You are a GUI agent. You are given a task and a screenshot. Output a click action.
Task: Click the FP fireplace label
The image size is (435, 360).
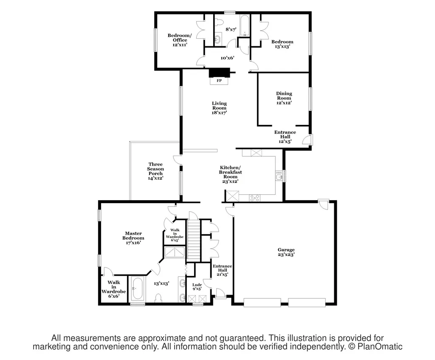219,81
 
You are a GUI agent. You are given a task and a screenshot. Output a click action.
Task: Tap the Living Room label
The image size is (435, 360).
220,108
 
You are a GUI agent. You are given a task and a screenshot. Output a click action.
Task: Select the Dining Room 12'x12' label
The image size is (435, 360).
284,98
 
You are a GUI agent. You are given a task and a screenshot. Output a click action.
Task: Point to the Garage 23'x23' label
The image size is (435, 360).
286,252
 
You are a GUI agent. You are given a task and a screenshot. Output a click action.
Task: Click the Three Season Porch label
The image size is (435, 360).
155,171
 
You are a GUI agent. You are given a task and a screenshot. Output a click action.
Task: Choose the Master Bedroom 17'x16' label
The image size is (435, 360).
133,238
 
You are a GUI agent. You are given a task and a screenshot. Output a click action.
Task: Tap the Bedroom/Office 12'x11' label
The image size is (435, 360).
180,40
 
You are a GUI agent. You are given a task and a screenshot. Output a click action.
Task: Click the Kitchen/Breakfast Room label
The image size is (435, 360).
230,174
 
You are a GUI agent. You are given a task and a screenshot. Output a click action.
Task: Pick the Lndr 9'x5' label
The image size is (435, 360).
197,287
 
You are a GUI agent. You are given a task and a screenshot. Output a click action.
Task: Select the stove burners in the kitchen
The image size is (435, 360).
255,198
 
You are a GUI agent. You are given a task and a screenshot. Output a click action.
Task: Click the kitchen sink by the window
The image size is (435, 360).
279,176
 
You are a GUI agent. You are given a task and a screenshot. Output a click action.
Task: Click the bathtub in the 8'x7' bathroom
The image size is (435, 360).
244,26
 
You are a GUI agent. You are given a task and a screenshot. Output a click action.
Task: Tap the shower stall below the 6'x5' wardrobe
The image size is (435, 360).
175,252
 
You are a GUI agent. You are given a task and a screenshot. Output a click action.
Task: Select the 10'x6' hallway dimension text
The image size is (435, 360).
228,58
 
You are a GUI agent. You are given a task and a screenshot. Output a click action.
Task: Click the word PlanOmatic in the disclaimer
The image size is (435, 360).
380,346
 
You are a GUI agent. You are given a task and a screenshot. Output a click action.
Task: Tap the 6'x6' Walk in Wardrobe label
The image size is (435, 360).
114,289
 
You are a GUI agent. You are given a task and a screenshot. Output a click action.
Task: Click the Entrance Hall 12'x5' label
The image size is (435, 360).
285,137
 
